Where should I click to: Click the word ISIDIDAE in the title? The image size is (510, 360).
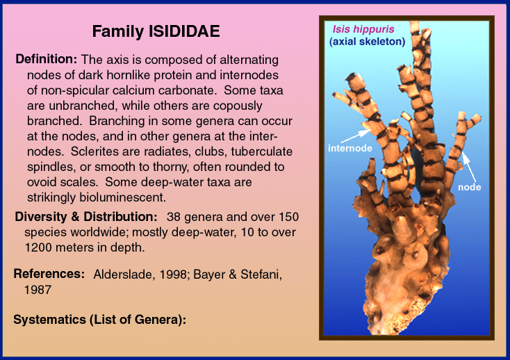(184, 31)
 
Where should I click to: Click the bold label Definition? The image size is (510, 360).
(47, 59)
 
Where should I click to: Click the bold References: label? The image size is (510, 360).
(49, 274)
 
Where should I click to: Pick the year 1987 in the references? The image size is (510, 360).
(38, 290)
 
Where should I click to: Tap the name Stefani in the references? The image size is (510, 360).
(261, 275)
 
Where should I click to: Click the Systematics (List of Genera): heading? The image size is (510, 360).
(100, 320)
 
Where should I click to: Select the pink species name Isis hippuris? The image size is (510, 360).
(363, 29)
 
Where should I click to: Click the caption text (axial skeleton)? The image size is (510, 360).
(367, 42)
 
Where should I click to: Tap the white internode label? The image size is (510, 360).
(350, 148)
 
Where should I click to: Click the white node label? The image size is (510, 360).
(469, 187)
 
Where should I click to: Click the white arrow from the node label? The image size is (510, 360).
(469, 167)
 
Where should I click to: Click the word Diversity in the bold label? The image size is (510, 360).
(41, 217)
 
